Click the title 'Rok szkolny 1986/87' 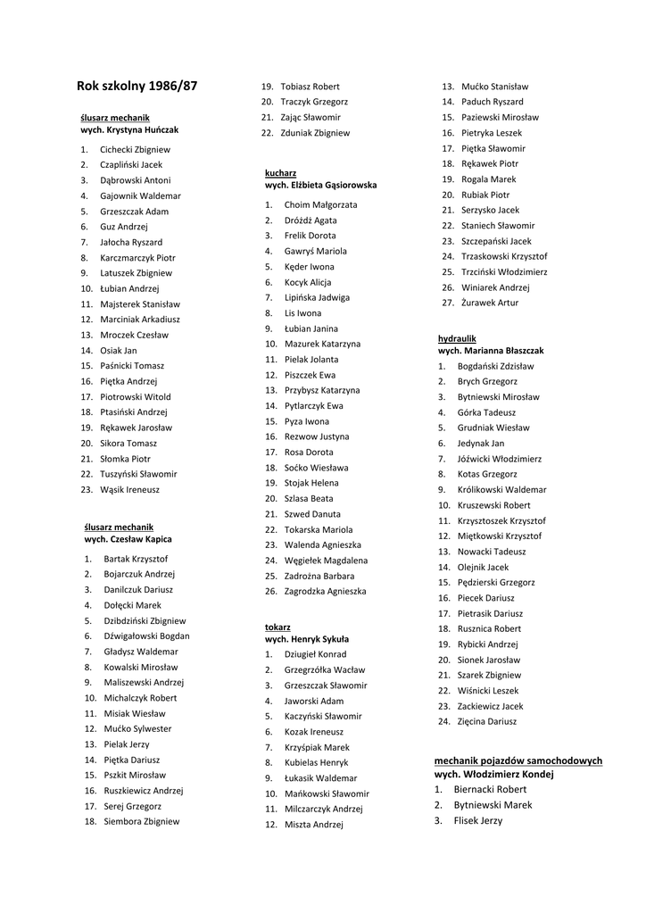[137, 87]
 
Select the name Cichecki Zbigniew [135, 150]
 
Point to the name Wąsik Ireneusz [129, 490]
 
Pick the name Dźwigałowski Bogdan [146, 636]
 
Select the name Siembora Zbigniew [141, 821]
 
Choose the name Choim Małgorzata [320, 205]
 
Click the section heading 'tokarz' [277, 627]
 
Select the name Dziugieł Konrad [315, 654]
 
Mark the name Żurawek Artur [489, 303]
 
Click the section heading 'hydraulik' [457, 339]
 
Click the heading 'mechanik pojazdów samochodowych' [518, 760]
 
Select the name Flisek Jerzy [477, 821]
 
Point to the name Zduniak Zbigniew [315, 133]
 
